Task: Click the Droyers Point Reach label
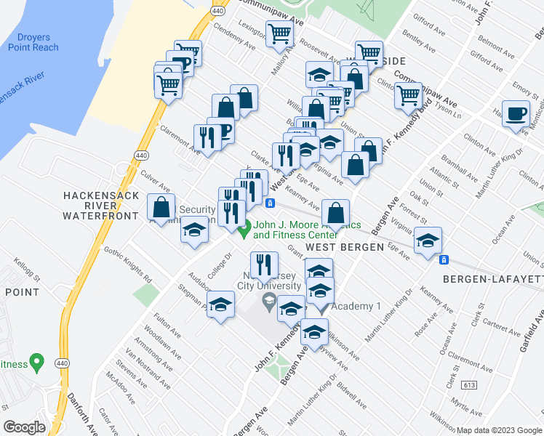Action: click(x=33, y=41)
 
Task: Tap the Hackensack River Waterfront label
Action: click(x=100, y=206)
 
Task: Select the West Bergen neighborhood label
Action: click(x=344, y=247)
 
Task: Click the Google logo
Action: click(x=24, y=427)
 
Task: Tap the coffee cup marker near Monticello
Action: click(x=516, y=115)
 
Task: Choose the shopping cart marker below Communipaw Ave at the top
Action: click(x=279, y=33)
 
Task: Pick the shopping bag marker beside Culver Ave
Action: click(x=161, y=207)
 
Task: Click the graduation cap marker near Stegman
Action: click(x=220, y=305)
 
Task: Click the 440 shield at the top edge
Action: click(x=217, y=11)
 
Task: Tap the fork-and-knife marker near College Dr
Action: click(x=263, y=265)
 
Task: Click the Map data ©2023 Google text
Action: click(x=498, y=430)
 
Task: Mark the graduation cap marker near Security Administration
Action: click(x=194, y=230)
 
